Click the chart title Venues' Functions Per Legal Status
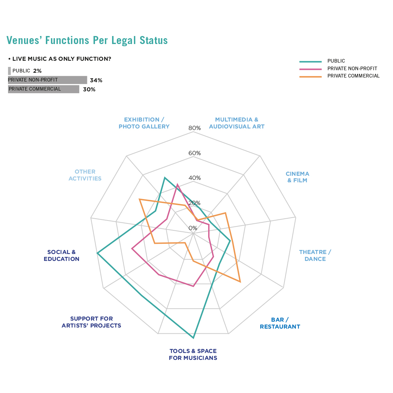pyautogui.click(x=87, y=40)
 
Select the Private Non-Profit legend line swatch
pyautogui.click(x=310, y=69)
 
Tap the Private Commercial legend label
pyautogui.click(x=353, y=76)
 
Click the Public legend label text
pyautogui.click(x=336, y=61)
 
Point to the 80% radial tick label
pyautogui.click(x=194, y=128)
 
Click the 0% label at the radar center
pyautogui.click(x=193, y=228)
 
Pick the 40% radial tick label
pyautogui.click(x=194, y=178)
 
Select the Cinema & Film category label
pyautogui.click(x=297, y=177)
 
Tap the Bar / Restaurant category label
pyautogui.click(x=280, y=323)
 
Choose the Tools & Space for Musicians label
pyautogui.click(x=193, y=354)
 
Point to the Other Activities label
pyautogui.click(x=85, y=175)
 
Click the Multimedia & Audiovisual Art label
pyautogui.click(x=237, y=123)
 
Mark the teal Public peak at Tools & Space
pyautogui.click(x=193, y=338)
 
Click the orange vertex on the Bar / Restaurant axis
pyautogui.click(x=240, y=281)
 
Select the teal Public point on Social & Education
pyautogui.click(x=97, y=253)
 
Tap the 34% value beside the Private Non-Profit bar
pyautogui.click(x=96, y=80)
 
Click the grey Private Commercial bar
pyautogui.click(x=43, y=89)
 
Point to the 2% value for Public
pyautogui.click(x=37, y=71)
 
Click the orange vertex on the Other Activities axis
pyautogui.click(x=140, y=199)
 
